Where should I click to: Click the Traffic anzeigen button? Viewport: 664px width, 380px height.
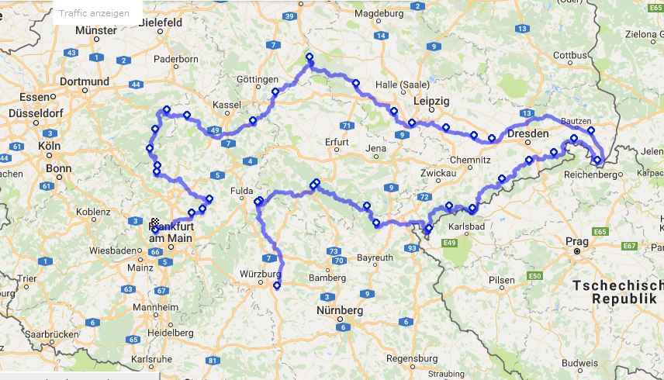95,13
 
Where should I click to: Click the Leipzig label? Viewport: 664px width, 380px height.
432,102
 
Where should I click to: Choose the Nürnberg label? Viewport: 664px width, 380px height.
340,310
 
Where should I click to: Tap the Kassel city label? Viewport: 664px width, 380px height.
227,104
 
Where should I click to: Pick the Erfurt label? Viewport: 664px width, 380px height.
337,141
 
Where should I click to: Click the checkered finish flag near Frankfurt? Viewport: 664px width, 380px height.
154,222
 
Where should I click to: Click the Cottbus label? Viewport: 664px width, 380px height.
570,55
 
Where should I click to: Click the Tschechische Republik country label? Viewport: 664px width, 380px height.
617,292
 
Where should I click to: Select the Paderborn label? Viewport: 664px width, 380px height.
176,59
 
